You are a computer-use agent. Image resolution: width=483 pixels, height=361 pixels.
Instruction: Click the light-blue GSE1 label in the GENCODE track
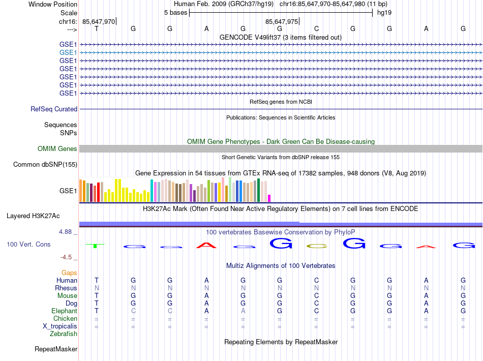[x=68, y=52]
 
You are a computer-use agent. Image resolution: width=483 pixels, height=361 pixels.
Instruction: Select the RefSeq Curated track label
[x=54, y=109]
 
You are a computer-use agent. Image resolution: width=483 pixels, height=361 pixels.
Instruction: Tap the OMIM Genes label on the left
[x=57, y=149]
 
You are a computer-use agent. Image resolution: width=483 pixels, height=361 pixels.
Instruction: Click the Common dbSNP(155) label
[x=45, y=164]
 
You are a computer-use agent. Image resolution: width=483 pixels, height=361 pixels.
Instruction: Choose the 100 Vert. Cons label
[x=28, y=245]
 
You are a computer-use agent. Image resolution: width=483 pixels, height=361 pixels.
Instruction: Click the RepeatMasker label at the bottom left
[x=56, y=349]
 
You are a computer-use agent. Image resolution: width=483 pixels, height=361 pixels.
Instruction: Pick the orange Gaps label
[x=69, y=273]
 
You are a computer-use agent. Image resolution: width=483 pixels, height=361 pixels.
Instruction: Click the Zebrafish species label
[x=64, y=334]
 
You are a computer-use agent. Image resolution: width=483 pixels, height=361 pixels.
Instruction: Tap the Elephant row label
[x=64, y=311]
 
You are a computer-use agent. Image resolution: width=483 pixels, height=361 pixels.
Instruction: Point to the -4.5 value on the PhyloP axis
[x=67, y=257]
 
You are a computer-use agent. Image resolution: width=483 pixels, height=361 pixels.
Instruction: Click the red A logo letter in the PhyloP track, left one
[x=206, y=246]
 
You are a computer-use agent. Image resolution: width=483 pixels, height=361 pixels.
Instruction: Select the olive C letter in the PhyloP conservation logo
[x=316, y=247]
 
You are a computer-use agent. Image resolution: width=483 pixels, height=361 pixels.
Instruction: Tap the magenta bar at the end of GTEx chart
[x=269, y=198]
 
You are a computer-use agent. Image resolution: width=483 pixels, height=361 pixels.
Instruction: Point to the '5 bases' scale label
[x=175, y=12]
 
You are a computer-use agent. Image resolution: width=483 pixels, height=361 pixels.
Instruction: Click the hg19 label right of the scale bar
[x=384, y=12]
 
